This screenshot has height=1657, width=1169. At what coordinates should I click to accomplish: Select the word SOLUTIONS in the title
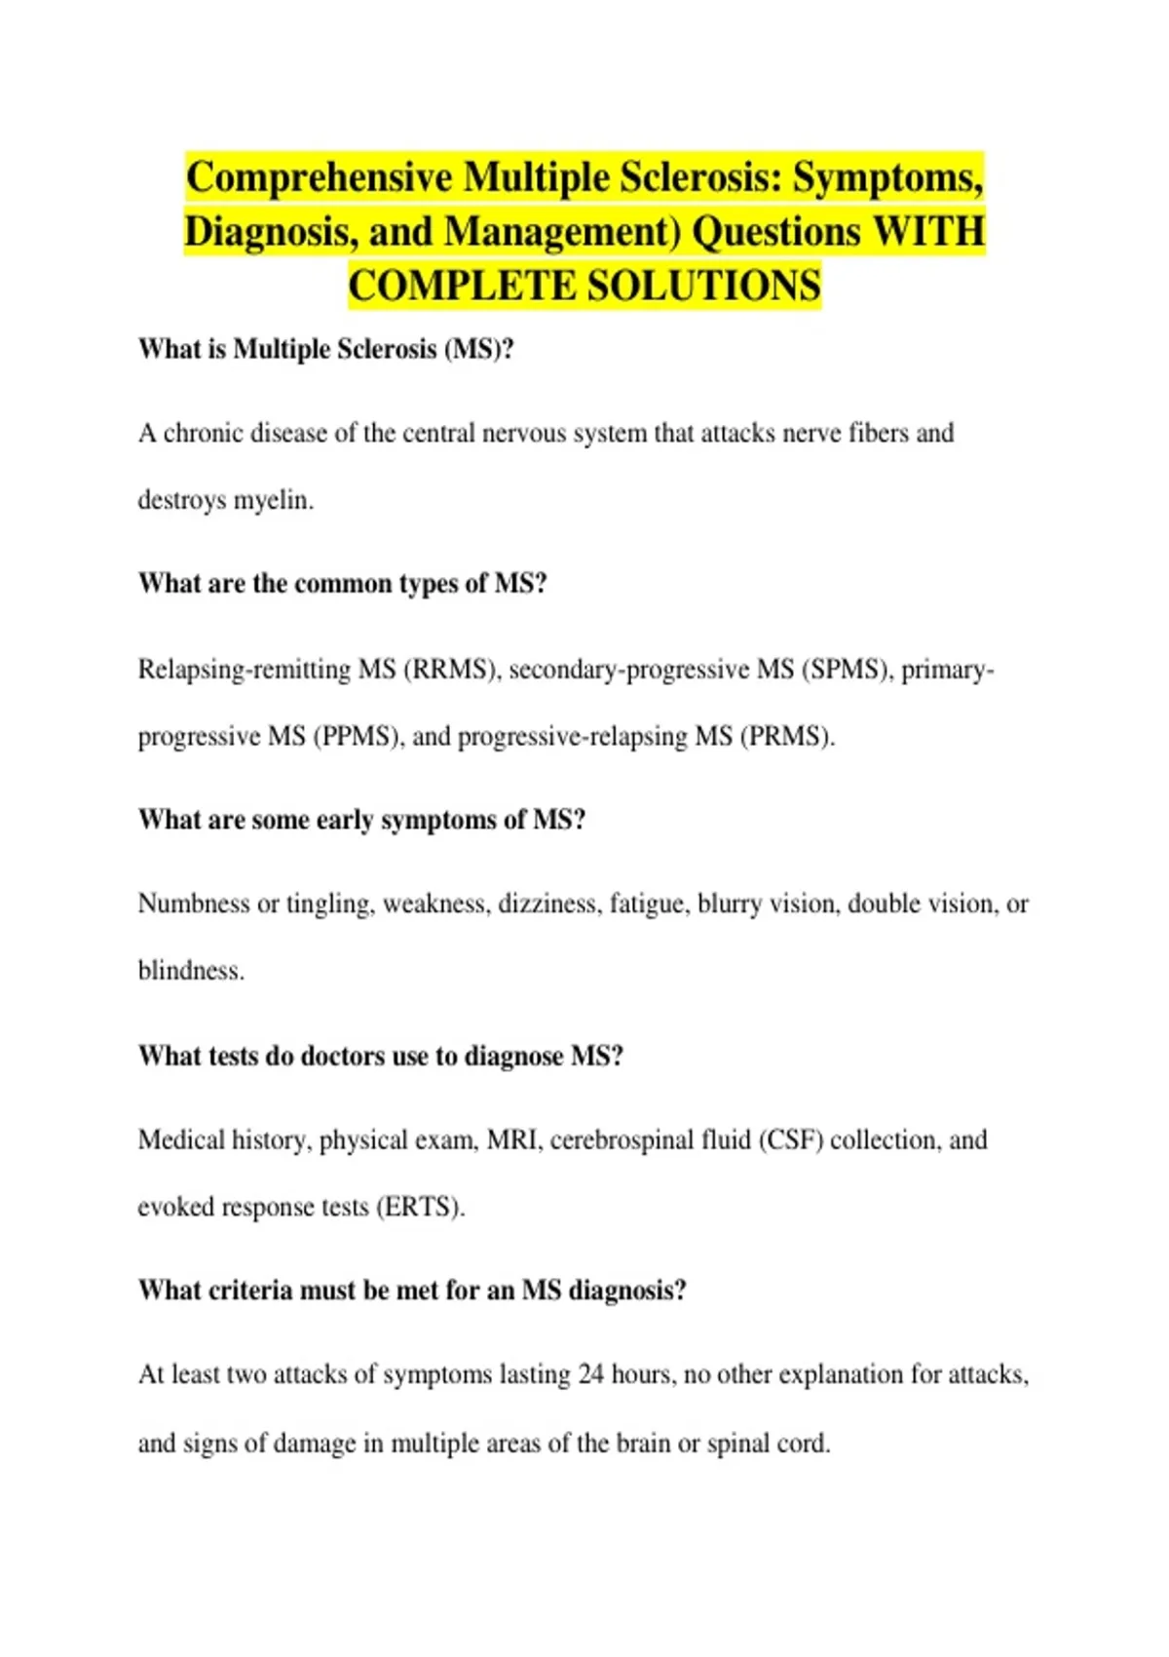703,287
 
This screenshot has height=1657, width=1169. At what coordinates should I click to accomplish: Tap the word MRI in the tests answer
512,1139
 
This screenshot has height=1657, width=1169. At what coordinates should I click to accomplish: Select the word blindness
191,971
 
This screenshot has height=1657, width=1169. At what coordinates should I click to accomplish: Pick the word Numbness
194,904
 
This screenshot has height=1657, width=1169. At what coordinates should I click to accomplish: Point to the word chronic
203,433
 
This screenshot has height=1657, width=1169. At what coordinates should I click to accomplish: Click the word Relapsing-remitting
244,670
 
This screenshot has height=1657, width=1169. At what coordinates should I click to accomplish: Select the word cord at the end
803,1443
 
